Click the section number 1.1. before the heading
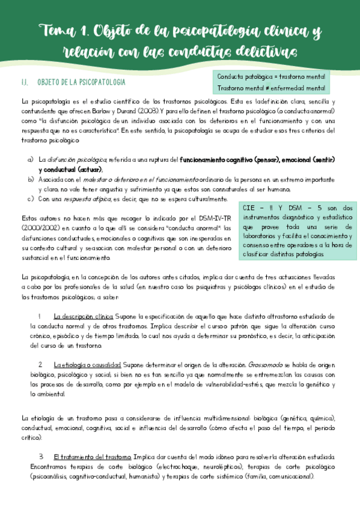25,81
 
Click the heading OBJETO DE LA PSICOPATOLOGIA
81,81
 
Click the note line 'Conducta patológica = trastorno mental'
271,78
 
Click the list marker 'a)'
31,160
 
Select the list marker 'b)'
31,179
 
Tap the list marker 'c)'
31,198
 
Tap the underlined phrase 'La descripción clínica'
83,316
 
